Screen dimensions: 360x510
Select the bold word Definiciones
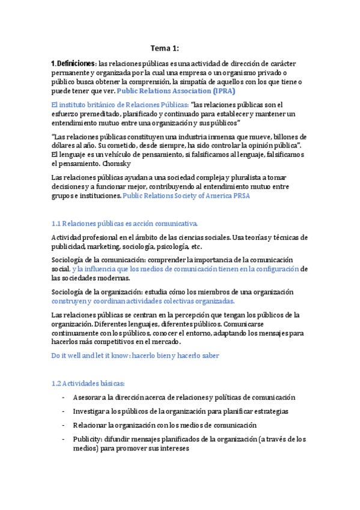pos(75,63)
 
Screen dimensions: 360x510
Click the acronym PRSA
pos(240,195)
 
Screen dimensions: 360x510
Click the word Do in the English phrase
pos(57,355)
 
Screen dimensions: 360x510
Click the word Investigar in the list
pos(90,411)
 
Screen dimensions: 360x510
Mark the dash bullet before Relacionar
pos(64,425)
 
